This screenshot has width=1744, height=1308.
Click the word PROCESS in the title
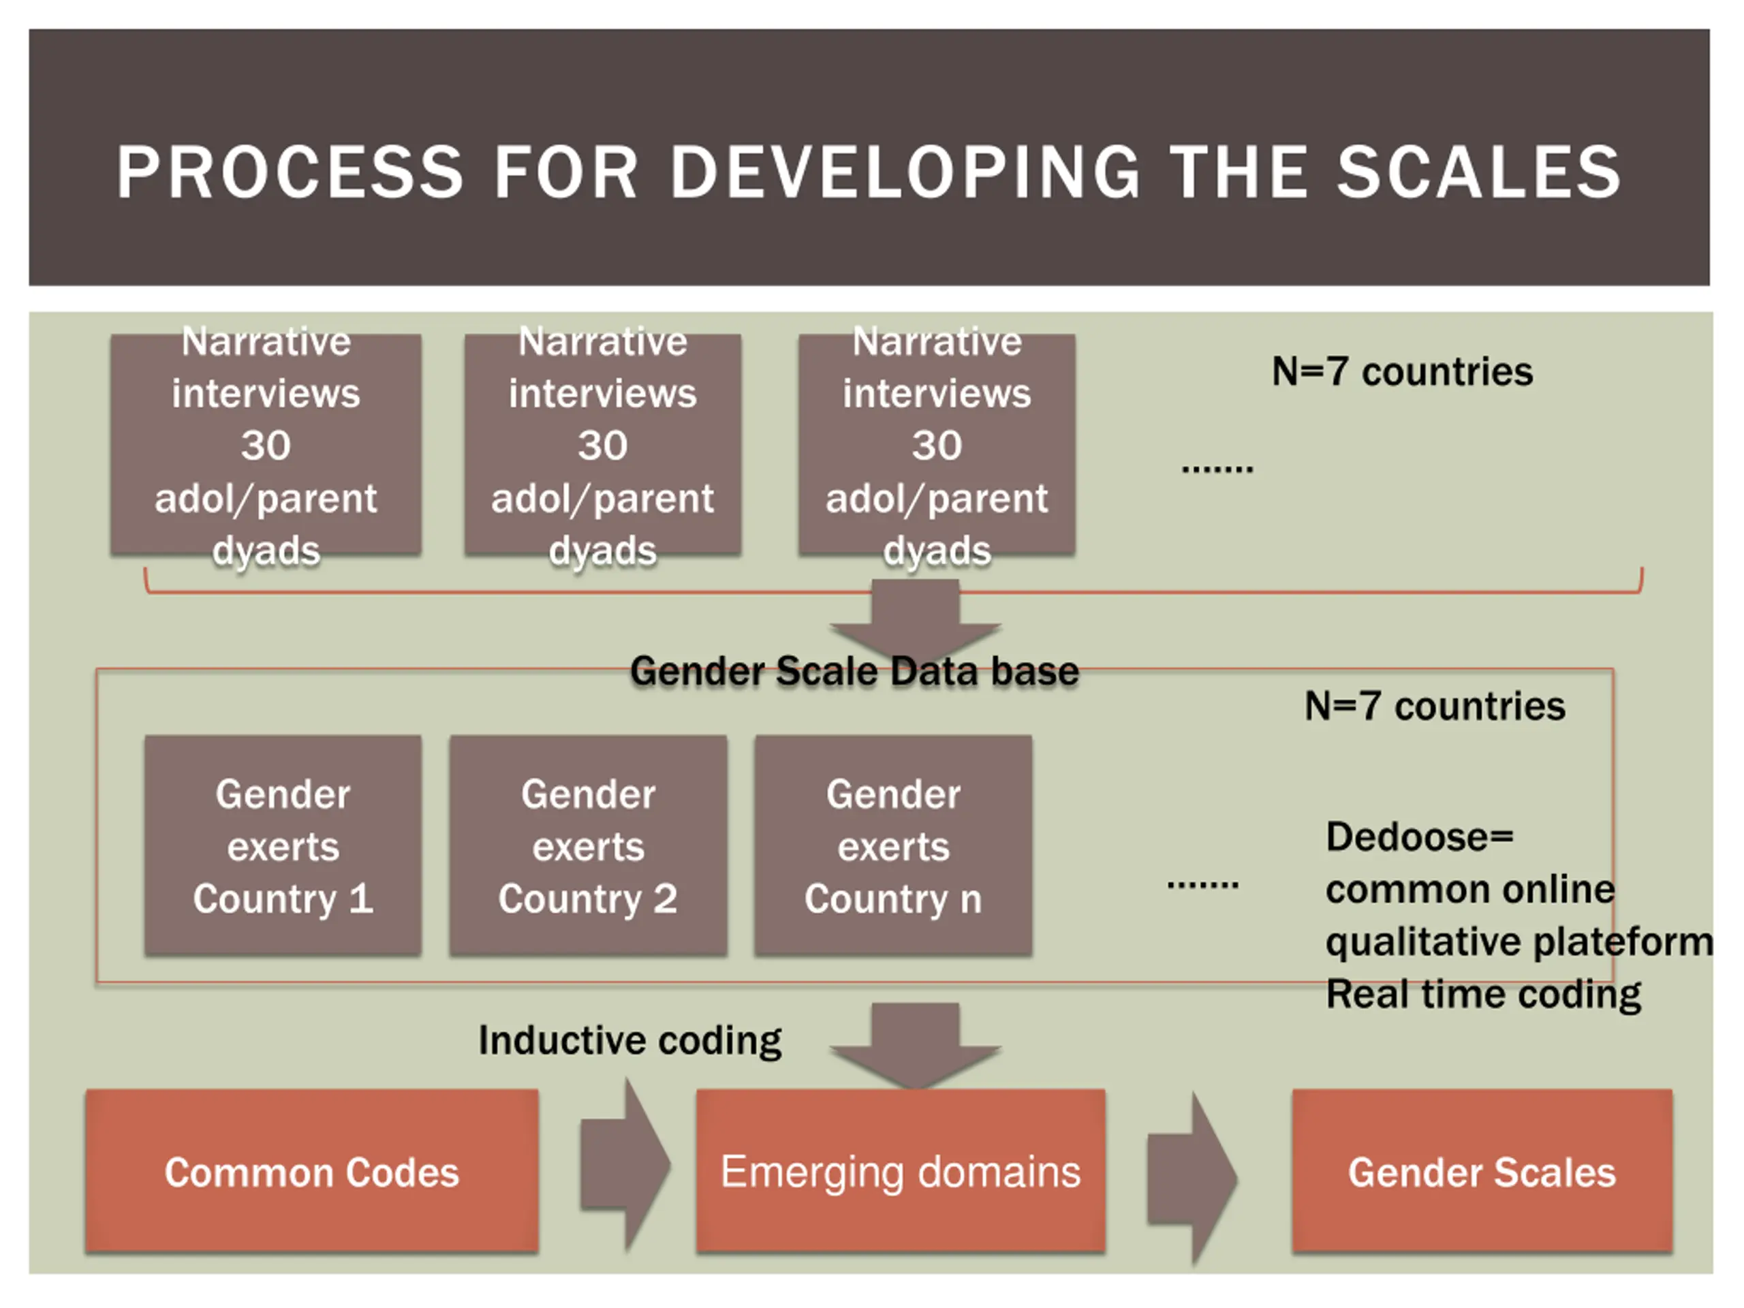290,172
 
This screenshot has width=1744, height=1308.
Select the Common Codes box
311,1171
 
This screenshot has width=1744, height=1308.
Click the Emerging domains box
901,1171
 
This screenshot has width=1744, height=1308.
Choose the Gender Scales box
1482,1171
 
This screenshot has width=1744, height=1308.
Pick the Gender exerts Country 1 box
282,845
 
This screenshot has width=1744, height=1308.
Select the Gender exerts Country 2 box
587,845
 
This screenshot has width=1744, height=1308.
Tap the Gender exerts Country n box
892,845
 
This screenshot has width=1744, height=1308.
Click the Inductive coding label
630,1040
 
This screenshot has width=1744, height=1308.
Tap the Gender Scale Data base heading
854,671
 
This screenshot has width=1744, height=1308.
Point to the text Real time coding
1483,993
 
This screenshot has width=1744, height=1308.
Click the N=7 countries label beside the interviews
1402,371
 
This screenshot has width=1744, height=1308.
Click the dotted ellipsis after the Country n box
1202,885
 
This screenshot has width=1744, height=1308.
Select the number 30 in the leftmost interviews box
266,446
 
